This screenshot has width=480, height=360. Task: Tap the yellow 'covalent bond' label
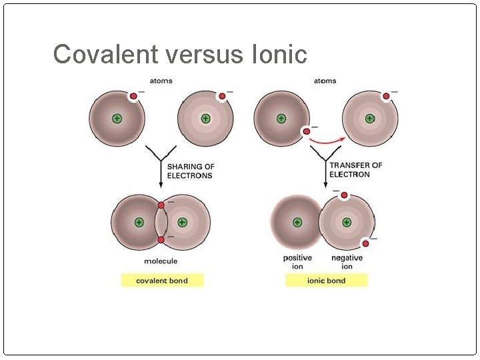click(x=162, y=281)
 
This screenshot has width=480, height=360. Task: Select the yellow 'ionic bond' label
click(x=326, y=281)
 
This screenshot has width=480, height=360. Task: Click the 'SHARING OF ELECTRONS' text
click(x=190, y=171)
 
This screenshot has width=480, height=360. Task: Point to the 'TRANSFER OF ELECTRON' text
click(x=356, y=170)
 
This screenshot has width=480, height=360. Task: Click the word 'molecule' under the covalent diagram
click(x=161, y=261)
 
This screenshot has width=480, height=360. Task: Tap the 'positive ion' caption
click(x=297, y=262)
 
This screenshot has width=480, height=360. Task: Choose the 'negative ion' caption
click(x=347, y=262)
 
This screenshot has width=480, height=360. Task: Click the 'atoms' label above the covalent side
click(x=161, y=81)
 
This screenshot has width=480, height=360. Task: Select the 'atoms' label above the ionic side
click(x=325, y=81)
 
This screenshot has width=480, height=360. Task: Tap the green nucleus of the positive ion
click(x=297, y=222)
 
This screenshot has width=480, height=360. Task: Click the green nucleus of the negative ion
click(x=346, y=222)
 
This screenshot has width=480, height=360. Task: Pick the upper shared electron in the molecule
click(x=161, y=205)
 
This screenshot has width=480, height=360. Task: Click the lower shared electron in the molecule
click(x=161, y=239)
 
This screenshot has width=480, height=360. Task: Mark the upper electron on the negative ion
click(x=344, y=195)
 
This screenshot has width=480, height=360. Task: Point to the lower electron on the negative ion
click(x=365, y=243)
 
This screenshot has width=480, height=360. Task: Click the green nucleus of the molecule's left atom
click(x=139, y=222)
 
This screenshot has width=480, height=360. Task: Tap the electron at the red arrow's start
click(x=307, y=131)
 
